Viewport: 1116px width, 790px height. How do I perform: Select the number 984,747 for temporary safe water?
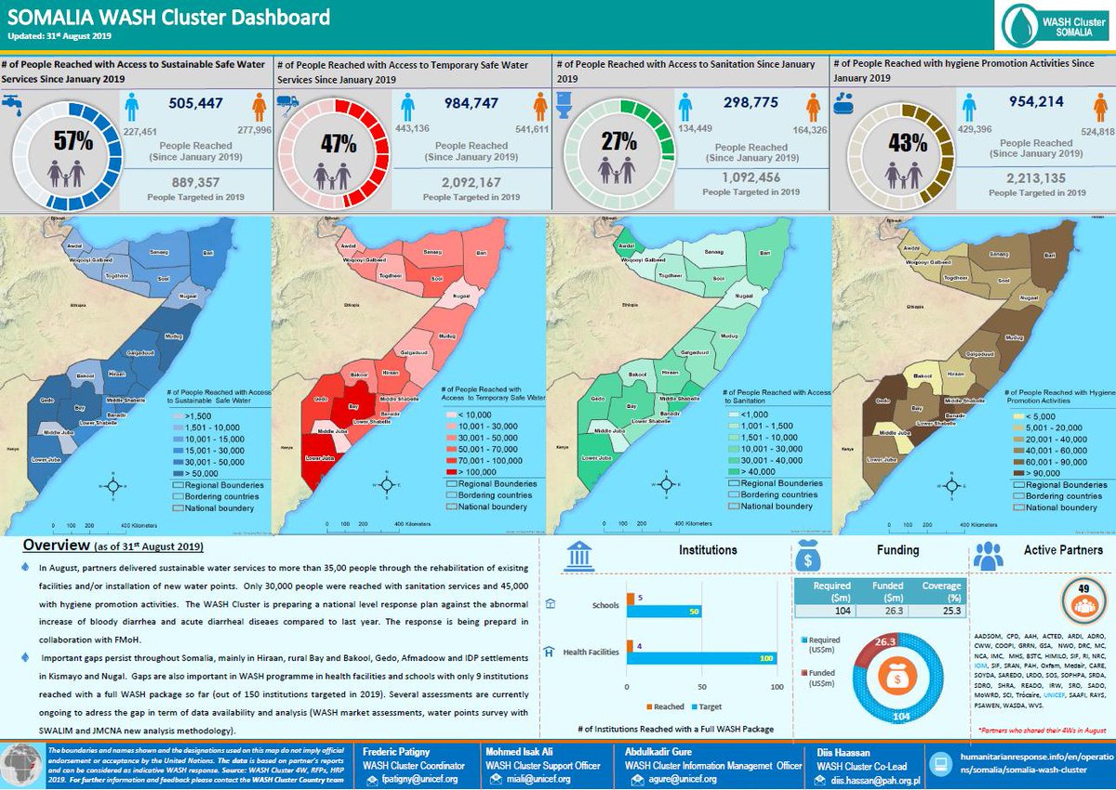tap(470, 103)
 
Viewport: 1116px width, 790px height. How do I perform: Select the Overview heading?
tap(56, 545)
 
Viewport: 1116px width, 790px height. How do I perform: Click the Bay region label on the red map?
tap(352, 406)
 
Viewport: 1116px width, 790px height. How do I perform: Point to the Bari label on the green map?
tap(764, 253)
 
